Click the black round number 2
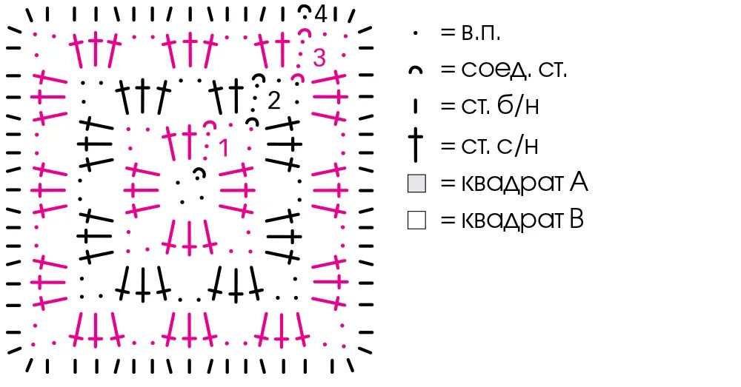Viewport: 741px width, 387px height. coord(273,101)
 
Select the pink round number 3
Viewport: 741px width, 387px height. coord(319,57)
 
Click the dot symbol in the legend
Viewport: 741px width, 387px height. coord(416,33)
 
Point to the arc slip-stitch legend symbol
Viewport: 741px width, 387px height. coord(416,70)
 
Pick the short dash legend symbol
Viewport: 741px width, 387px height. coord(416,107)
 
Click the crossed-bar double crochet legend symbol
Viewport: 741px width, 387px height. coord(416,145)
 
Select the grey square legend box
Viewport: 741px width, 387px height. coord(416,183)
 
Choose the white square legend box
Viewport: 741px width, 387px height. coord(416,220)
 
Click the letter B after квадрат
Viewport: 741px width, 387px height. coord(576,220)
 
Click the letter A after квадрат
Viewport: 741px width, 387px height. coord(578,182)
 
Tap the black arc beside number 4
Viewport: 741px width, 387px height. coord(305,10)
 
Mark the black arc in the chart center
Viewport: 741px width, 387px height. coord(198,174)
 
